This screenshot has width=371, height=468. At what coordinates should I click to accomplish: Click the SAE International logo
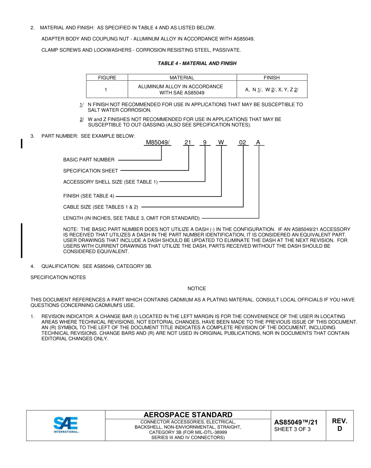click(66, 425)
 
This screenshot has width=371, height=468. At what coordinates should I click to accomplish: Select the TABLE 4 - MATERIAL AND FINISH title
click(197, 63)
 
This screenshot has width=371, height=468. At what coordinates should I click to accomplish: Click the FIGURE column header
click(107, 78)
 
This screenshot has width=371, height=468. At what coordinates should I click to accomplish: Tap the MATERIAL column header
click(182, 78)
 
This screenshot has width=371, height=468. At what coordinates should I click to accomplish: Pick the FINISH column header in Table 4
click(271, 78)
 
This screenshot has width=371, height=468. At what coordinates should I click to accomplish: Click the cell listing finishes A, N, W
click(271, 90)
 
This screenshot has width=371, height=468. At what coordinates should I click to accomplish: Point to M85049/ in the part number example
click(158, 142)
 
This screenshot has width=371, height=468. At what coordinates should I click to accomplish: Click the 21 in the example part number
click(188, 142)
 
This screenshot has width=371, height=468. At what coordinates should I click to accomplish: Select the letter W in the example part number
click(221, 142)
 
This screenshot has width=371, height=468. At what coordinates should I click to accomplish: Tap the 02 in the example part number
click(243, 142)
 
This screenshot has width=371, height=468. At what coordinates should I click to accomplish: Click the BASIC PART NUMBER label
click(89, 160)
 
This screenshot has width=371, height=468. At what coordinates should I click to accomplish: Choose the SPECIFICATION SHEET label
click(91, 170)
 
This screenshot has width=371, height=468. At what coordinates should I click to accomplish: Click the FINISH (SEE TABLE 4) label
click(89, 196)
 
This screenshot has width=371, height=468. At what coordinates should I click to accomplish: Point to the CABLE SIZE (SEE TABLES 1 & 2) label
click(101, 207)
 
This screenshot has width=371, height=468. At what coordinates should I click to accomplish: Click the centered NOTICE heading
click(196, 289)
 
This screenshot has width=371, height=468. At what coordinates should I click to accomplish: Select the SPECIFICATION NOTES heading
click(58, 277)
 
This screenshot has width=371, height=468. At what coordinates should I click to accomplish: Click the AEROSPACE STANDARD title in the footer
click(188, 415)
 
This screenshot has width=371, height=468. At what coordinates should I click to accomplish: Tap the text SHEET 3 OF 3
click(293, 429)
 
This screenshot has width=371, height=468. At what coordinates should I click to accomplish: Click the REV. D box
click(339, 425)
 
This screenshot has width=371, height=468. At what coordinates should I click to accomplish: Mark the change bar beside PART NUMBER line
click(21, 143)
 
